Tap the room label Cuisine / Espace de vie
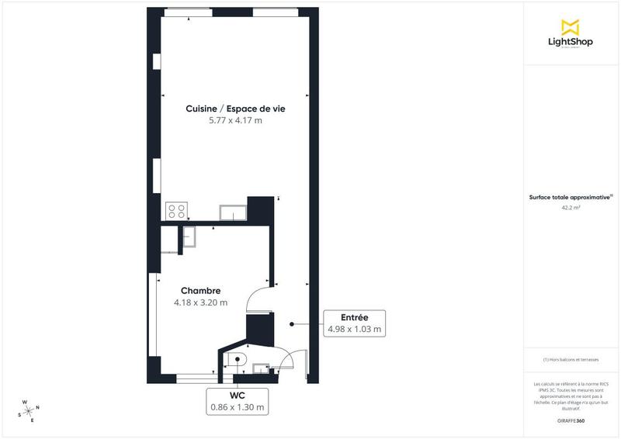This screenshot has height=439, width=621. (x=235, y=109)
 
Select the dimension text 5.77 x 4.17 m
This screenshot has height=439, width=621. (x=235, y=121)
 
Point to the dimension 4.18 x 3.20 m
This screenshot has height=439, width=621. (x=202, y=302)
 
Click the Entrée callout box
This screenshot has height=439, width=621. (x=354, y=323)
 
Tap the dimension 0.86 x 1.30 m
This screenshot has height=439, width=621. (x=237, y=407)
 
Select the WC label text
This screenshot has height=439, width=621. (x=237, y=395)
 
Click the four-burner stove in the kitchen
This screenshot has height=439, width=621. (x=176, y=210)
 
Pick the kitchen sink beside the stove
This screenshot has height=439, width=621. (x=233, y=212)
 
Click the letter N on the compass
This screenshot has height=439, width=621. (x=38, y=408)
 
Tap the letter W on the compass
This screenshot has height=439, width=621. (x=25, y=403)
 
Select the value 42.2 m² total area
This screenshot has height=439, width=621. (x=571, y=208)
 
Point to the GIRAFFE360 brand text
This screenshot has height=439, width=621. (x=571, y=420)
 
